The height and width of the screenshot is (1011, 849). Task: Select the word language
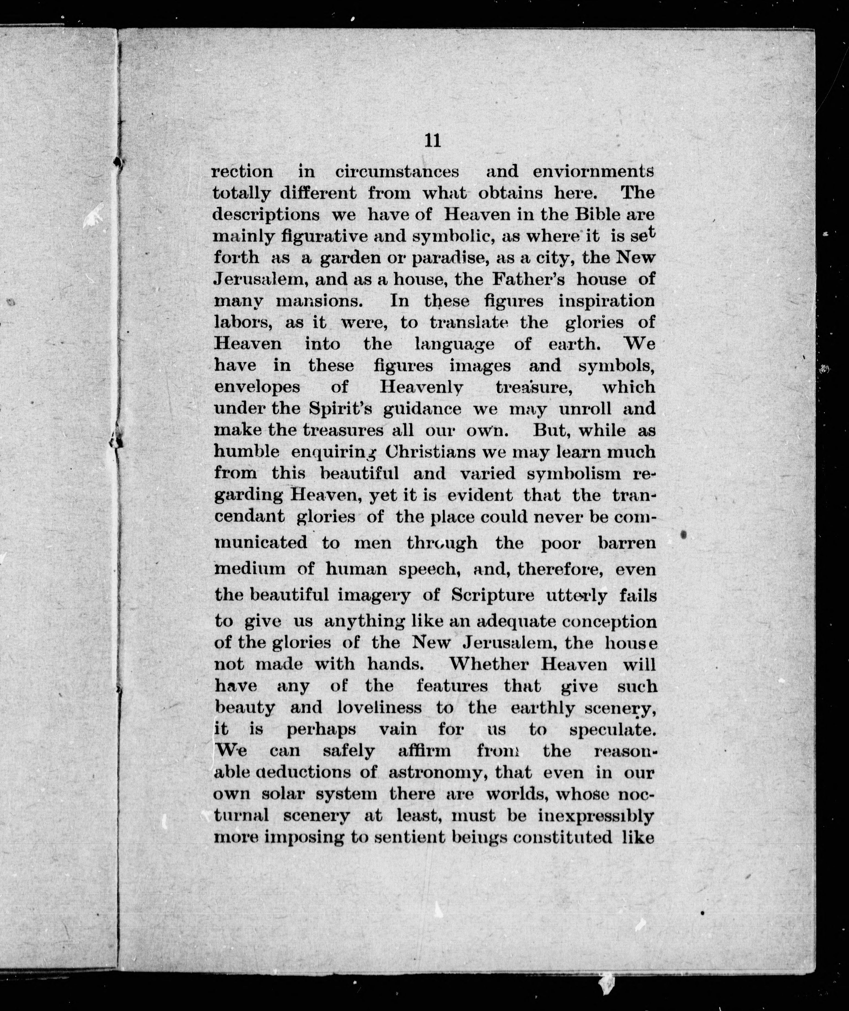click(454, 344)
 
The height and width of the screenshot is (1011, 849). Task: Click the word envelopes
click(257, 387)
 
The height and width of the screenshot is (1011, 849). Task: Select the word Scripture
click(492, 595)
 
